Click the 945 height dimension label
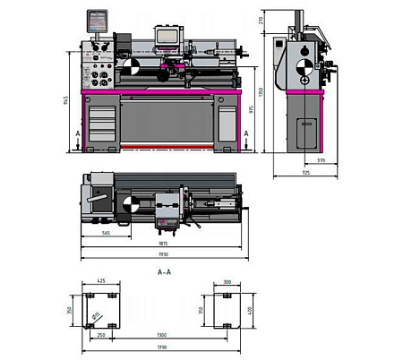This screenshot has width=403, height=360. click(x=65, y=100)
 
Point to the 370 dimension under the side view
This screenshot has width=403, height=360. click(x=320, y=161)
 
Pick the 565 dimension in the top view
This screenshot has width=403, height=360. click(x=106, y=233)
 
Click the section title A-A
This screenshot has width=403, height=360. click(x=164, y=270)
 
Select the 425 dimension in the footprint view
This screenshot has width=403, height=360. click(x=101, y=281)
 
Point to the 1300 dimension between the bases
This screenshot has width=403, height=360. click(x=161, y=335)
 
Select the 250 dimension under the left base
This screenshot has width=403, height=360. click(x=100, y=335)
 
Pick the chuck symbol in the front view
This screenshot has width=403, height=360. click(x=131, y=67)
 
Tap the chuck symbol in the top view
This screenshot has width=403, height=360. click(x=131, y=205)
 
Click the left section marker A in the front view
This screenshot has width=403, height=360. click(x=80, y=133)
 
